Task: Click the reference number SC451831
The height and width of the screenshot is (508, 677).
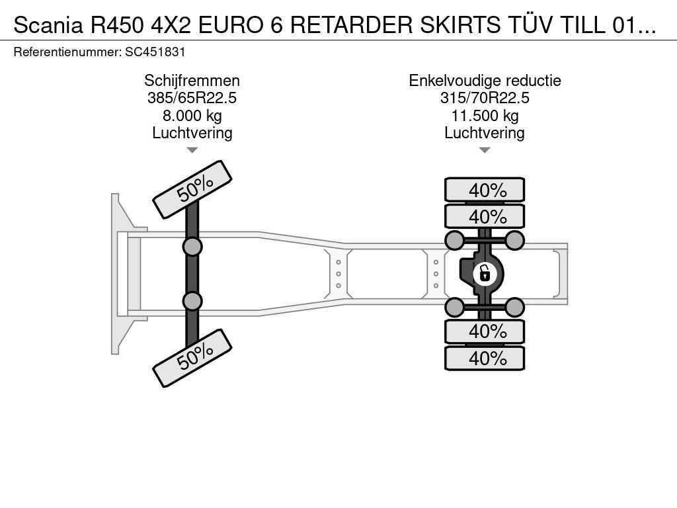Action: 155,52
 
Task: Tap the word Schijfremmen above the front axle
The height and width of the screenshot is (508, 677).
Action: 192,81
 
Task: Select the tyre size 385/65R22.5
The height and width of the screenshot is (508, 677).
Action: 192,98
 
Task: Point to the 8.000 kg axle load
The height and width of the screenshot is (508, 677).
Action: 192,116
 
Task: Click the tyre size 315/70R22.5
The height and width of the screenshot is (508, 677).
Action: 485,98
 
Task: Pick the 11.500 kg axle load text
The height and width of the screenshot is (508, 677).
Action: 485,116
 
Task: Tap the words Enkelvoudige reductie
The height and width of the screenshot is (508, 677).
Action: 485,81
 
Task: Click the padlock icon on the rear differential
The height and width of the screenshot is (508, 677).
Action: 485,273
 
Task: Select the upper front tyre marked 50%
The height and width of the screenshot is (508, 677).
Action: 192,187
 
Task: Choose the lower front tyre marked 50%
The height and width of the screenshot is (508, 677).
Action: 192,358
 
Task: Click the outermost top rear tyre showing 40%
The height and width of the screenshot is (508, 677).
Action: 485,190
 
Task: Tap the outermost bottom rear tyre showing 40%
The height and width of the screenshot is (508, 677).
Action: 485,358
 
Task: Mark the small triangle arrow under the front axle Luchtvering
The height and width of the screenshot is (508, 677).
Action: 192,150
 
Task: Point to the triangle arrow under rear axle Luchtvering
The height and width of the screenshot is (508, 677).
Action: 485,150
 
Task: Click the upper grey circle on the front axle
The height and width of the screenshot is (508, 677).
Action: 192,247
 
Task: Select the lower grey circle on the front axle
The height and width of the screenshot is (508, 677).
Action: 192,301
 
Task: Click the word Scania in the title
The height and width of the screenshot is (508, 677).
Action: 48,26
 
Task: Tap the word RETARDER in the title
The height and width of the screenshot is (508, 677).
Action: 352,26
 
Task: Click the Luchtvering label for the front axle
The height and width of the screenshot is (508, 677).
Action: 192,133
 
